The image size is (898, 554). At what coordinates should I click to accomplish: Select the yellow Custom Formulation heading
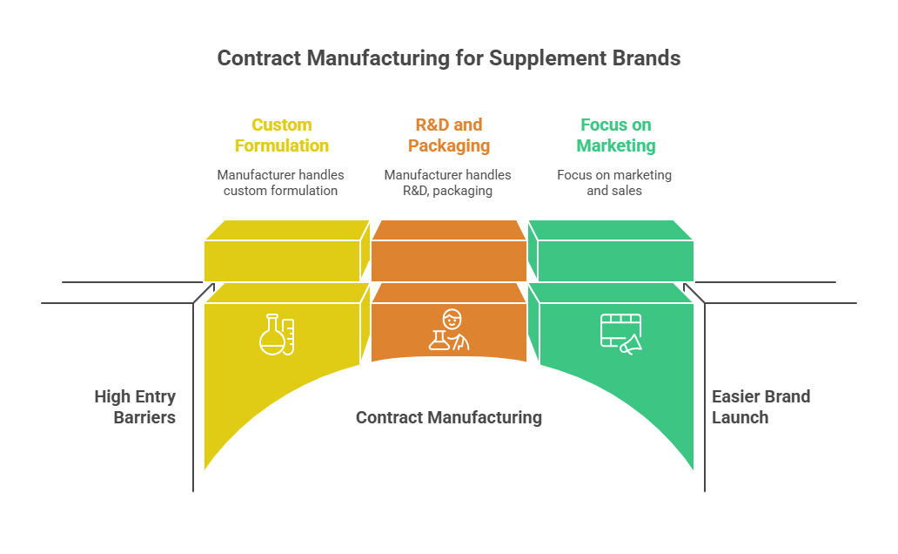(x=282, y=135)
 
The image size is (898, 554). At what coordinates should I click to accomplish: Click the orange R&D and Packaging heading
(x=449, y=135)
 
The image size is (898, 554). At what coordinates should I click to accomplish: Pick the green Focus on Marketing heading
(x=616, y=135)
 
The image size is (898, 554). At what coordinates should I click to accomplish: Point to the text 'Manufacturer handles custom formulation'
(x=280, y=183)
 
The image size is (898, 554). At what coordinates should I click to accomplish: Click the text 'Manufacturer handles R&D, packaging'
(x=448, y=183)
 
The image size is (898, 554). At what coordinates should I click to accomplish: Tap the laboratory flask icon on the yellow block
(x=277, y=334)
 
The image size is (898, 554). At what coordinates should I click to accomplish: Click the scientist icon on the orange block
(x=449, y=330)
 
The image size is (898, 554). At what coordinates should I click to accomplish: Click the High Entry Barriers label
(x=136, y=407)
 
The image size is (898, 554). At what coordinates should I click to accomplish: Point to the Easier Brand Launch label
(x=761, y=407)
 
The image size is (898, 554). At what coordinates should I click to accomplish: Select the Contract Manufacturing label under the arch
(x=449, y=418)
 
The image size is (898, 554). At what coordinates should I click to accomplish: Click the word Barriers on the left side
(x=144, y=417)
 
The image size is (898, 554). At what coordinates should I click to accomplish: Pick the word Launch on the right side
(x=741, y=417)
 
